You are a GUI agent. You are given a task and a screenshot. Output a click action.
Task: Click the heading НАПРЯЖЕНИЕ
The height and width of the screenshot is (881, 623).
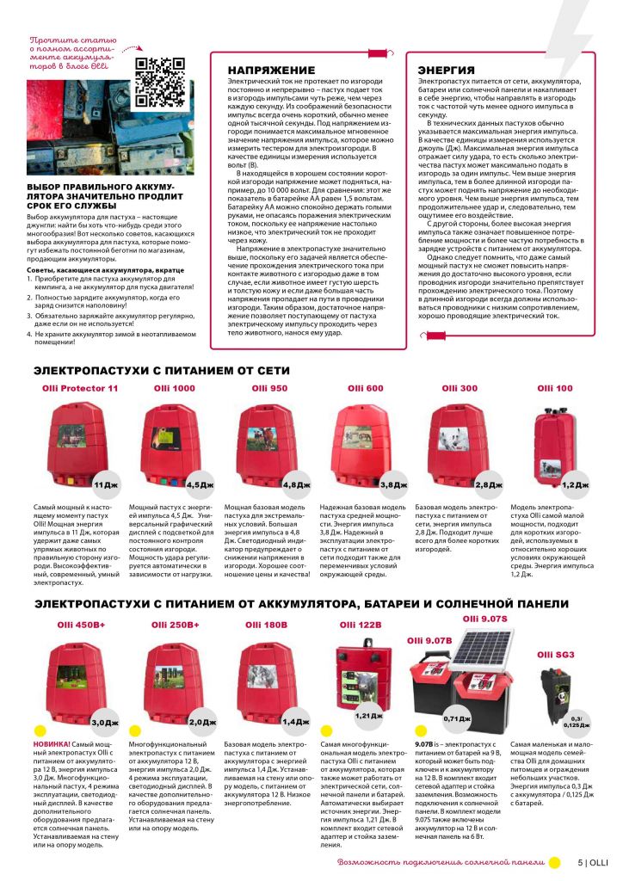(270, 70)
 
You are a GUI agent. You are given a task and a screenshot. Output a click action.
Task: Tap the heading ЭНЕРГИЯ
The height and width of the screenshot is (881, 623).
(446, 70)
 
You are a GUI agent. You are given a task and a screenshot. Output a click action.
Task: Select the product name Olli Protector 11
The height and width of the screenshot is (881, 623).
(80, 388)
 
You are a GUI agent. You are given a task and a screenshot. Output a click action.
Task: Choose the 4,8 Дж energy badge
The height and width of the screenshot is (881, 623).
(296, 485)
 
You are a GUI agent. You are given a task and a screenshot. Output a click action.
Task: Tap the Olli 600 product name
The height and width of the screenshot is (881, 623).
(365, 388)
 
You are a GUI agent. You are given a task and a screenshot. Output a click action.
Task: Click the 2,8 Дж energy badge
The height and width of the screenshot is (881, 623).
(489, 485)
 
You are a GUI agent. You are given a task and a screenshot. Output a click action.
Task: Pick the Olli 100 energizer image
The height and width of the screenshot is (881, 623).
(556, 445)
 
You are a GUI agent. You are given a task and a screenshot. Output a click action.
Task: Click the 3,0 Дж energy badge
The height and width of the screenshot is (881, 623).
(104, 722)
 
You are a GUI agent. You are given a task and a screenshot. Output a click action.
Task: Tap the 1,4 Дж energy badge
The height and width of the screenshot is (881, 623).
(296, 722)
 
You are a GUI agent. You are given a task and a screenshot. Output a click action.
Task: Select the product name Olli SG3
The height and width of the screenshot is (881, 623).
(555, 654)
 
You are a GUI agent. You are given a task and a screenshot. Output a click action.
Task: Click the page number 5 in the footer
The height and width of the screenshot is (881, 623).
(581, 862)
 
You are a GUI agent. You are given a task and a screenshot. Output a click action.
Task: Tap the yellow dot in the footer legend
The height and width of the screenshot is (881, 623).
(555, 862)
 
